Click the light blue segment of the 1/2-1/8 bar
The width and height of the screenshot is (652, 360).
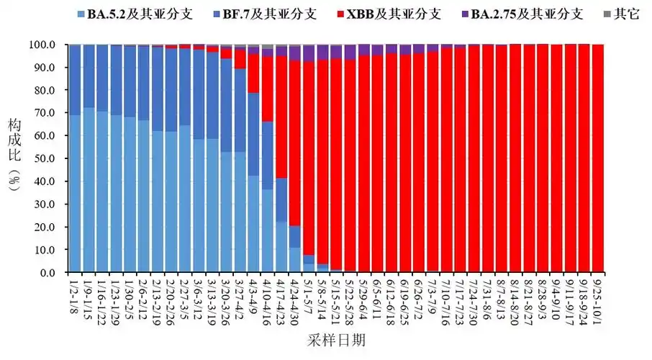pyautogui.click(x=74, y=194)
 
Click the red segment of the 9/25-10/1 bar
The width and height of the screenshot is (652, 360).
pyautogui.click(x=597, y=158)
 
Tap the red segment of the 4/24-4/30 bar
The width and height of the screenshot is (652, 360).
pyautogui.click(x=294, y=144)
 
